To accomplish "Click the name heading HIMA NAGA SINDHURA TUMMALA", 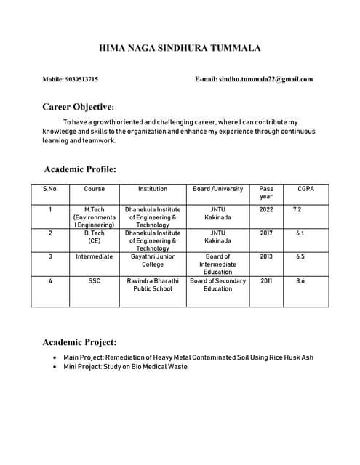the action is (180, 49).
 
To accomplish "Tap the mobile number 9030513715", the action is (84, 79).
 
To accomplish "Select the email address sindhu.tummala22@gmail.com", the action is (265, 79).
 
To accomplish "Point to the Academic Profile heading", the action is (80, 169).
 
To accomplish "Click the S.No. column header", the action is (50, 189).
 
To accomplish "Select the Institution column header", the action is (153, 189).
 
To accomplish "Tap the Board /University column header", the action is (217, 189).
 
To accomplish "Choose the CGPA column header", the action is (306, 189).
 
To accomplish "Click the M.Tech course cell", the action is (95, 217).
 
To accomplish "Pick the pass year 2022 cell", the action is (266, 209).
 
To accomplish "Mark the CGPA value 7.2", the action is (297, 209).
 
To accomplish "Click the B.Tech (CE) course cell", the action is (95, 237).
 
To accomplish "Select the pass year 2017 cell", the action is (266, 233).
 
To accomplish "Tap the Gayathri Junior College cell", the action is (153, 261).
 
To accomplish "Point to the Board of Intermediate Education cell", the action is (217, 264).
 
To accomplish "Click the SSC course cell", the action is (95, 280).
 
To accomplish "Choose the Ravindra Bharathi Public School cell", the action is (153, 284).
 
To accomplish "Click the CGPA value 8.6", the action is (300, 280).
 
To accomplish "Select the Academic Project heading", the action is (80, 341).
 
